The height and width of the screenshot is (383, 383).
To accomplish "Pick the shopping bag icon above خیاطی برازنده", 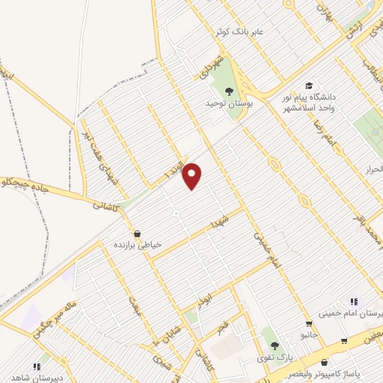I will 136,233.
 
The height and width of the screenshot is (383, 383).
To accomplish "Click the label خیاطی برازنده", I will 138,245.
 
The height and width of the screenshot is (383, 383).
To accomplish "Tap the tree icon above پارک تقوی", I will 275,346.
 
